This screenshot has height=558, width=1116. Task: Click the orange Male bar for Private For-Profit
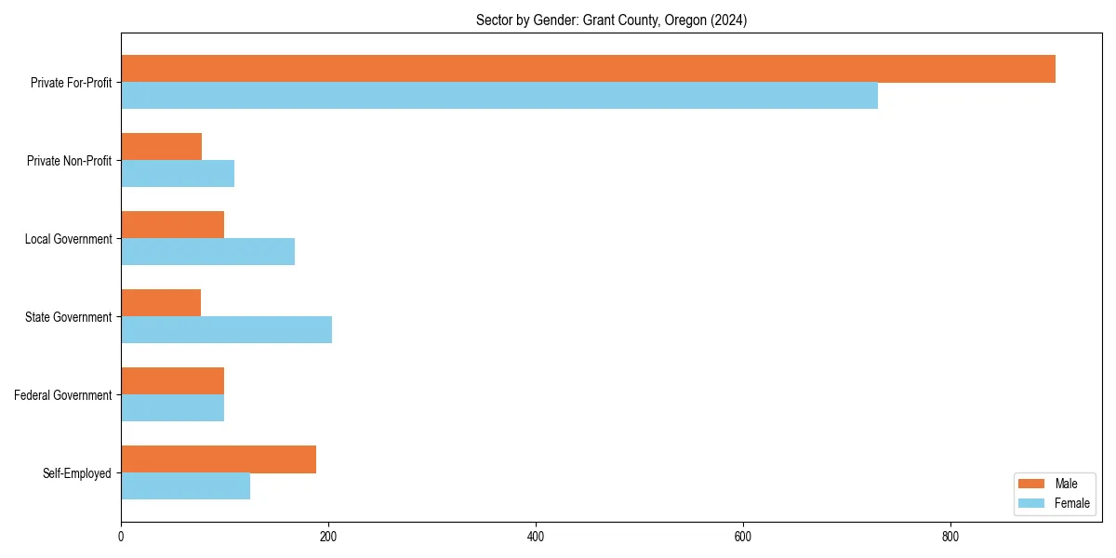pos(588,69)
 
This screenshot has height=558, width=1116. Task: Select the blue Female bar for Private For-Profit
pos(499,96)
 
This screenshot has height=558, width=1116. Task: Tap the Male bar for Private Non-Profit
pos(162,147)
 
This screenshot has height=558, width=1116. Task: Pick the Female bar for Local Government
pos(208,252)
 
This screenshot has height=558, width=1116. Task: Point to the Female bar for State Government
pos(227,330)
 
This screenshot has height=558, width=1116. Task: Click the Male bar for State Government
pos(161,303)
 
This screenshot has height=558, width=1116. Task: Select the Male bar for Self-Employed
pos(219,459)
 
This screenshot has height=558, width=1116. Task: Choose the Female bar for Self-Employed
pos(186,486)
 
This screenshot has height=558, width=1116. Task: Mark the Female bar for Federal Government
pos(173,408)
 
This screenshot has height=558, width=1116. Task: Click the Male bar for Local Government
pos(173,225)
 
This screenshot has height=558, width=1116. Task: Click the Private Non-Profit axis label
pos(69,161)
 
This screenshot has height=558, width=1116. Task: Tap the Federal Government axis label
pos(63,395)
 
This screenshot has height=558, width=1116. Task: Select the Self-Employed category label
pos(77,473)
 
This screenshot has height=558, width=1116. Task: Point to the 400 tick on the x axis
pos(536,537)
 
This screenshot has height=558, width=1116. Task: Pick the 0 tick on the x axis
pos(121,537)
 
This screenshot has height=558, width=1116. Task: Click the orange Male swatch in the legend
pos(1031,484)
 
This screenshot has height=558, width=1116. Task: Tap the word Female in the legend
pos(1072,503)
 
